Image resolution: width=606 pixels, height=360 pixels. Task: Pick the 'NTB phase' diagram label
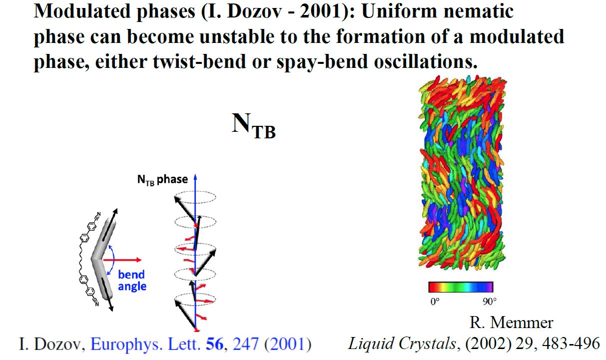coord(162,179)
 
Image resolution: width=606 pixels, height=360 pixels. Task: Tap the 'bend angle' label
coord(132,280)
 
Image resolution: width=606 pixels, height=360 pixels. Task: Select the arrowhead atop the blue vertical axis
coord(195,177)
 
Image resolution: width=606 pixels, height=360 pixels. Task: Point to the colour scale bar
coord(460,287)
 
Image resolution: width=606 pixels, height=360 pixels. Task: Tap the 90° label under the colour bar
coord(489,302)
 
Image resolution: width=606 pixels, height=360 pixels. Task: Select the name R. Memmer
coord(511,323)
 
